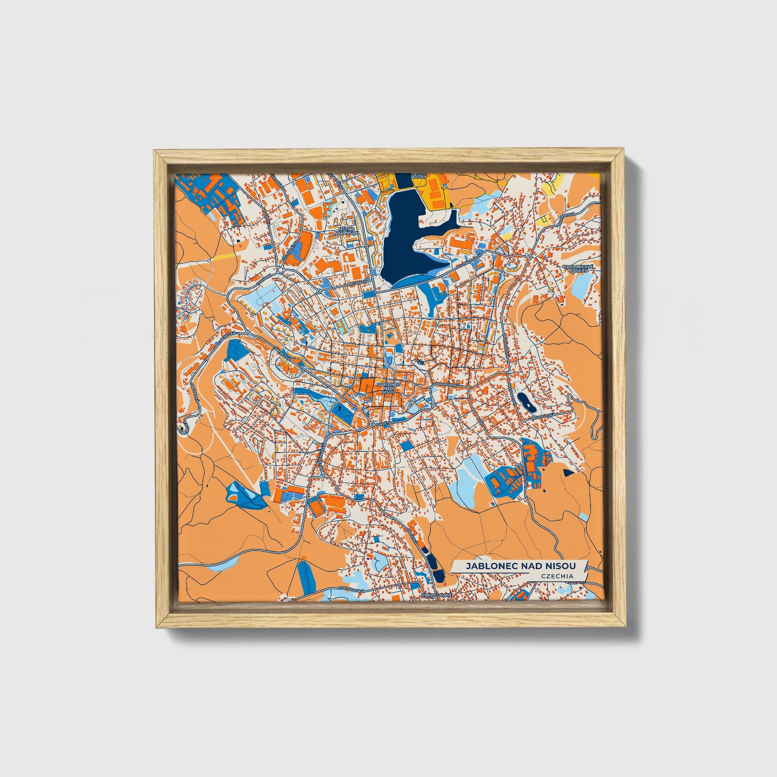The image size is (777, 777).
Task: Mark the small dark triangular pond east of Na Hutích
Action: pos(568,473)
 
